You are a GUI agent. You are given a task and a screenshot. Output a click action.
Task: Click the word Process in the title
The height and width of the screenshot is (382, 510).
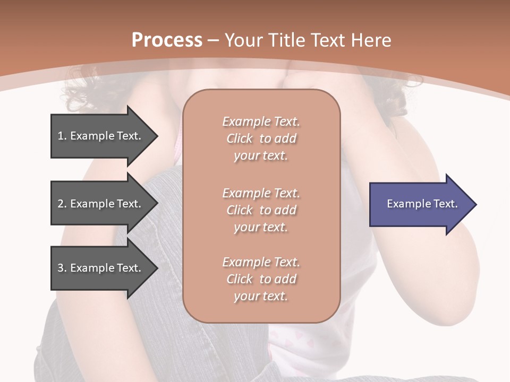click(x=167, y=40)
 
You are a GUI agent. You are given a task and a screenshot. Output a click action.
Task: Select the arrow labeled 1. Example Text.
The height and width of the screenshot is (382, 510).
click(x=101, y=136)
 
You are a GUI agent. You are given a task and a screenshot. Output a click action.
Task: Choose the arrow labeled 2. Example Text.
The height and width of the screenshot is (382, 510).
click(x=101, y=204)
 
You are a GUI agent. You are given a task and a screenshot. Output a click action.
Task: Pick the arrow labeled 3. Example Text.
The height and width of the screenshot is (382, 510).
click(x=101, y=268)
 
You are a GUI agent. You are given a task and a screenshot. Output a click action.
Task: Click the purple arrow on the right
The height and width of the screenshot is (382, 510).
click(x=420, y=204)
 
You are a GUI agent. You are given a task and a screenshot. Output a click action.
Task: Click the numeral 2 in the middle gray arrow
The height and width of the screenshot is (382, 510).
click(x=61, y=204)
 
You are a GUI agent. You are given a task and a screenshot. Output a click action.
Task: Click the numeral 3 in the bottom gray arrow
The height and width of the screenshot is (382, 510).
click(x=61, y=268)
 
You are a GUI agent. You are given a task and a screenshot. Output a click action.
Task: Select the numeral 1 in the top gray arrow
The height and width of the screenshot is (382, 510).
click(x=61, y=136)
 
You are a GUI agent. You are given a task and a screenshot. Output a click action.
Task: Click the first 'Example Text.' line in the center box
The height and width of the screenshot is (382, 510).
click(x=261, y=121)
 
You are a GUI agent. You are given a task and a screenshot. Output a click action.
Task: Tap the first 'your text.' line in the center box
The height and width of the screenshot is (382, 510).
click(x=261, y=156)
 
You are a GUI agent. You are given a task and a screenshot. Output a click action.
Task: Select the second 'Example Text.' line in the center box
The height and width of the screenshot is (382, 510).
click(x=261, y=193)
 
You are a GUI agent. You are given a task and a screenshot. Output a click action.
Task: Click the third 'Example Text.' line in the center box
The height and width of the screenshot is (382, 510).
click(x=261, y=262)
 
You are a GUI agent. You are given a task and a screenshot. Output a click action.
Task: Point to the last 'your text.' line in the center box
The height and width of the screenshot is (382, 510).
click(x=261, y=297)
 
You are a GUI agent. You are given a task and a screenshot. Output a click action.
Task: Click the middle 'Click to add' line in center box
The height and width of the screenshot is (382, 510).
click(x=261, y=210)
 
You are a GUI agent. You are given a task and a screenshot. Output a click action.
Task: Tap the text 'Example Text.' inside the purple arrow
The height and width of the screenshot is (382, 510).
click(x=422, y=204)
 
